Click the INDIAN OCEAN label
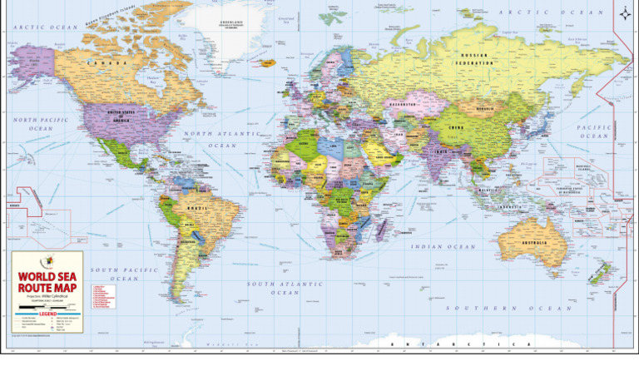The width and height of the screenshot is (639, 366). pyautogui.click(x=440, y=247)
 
